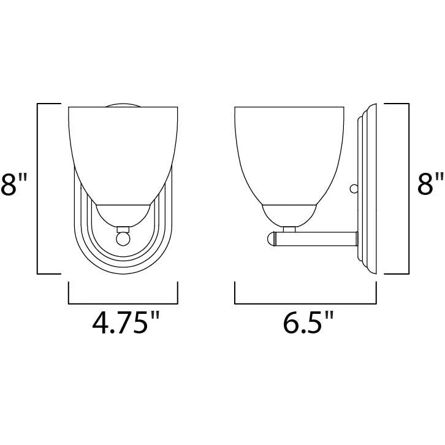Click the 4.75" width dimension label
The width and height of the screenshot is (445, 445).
pyautogui.click(x=126, y=322)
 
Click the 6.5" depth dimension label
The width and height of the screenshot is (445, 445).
pyautogui.click(x=308, y=322)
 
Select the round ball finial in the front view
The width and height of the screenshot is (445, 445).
pyautogui.click(x=123, y=239)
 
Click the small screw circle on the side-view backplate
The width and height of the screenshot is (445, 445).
pyautogui.click(x=354, y=189)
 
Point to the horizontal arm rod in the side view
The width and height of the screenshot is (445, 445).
pyautogui.click(x=316, y=239)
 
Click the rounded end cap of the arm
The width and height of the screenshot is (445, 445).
pyautogui.click(x=271, y=239)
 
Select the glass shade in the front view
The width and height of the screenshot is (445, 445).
pyautogui.click(x=123, y=156)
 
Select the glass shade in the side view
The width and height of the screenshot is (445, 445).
pyautogui.click(x=289, y=156)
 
